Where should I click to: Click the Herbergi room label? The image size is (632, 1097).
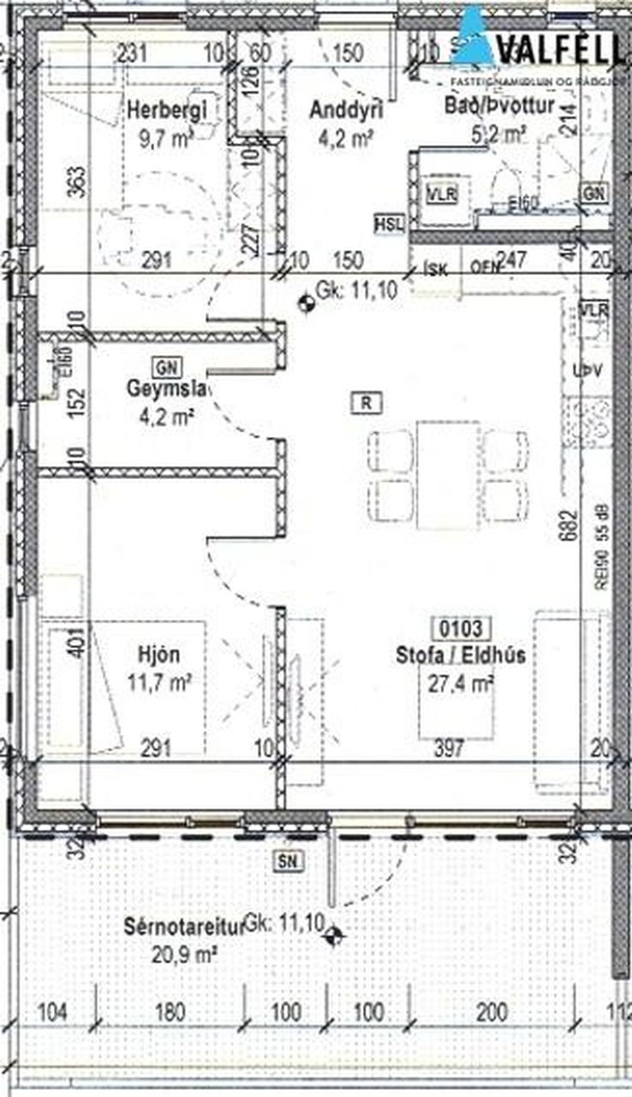168,109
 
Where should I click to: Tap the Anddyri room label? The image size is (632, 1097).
346,109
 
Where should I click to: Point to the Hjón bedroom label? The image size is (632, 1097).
159,656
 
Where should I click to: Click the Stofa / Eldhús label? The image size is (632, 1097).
461,656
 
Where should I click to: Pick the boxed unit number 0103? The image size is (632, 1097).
461,629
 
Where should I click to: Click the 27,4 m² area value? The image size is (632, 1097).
461,682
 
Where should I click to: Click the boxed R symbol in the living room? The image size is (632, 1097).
366,402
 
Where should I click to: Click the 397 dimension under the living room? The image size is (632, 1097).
449,748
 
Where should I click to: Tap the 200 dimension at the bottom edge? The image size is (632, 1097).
491,1011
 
